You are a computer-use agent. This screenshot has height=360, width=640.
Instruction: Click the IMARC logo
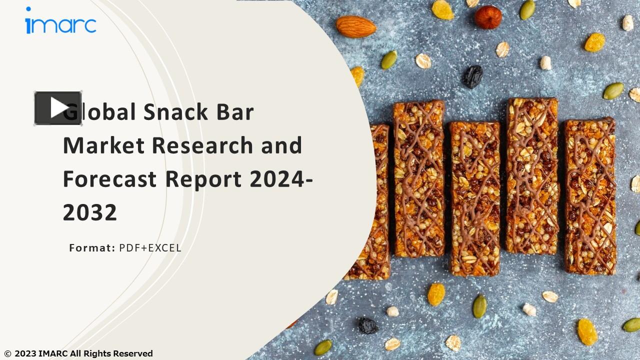point(60,22)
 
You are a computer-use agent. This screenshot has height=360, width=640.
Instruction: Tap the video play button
point(58,108)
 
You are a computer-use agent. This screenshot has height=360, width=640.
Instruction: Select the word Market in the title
point(103,145)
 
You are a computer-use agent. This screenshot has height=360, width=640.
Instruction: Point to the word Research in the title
point(202,145)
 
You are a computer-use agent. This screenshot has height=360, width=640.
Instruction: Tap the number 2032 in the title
point(90,212)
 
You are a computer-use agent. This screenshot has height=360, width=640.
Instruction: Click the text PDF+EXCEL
point(150,248)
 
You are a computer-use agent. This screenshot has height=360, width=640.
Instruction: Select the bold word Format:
point(92,248)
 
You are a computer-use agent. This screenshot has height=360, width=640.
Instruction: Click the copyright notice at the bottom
point(78,353)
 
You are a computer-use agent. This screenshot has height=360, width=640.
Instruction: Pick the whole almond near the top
point(355,26)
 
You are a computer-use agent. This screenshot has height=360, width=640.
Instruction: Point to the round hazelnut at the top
point(487,17)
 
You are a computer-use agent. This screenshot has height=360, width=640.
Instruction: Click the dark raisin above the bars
point(472,76)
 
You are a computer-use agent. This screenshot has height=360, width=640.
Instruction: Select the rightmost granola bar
point(590,196)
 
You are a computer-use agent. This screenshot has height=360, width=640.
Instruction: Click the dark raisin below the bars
point(367,325)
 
